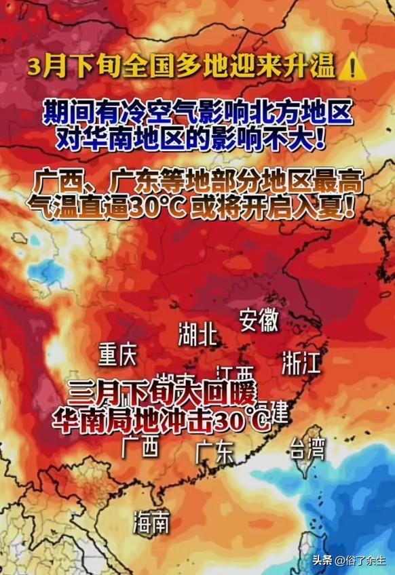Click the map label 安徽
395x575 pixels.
click(259, 320)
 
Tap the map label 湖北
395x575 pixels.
click(197, 334)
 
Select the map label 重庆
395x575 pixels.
click(117, 354)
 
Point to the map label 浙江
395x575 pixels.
click(301, 364)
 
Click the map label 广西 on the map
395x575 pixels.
click(140, 447)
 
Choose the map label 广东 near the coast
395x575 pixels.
click(214, 452)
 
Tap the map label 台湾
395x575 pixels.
click(307, 448)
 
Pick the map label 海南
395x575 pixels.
click(151, 521)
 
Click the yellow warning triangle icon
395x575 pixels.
click(352, 68)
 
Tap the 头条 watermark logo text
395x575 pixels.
click(323, 560)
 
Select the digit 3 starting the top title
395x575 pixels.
click(34, 67)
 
